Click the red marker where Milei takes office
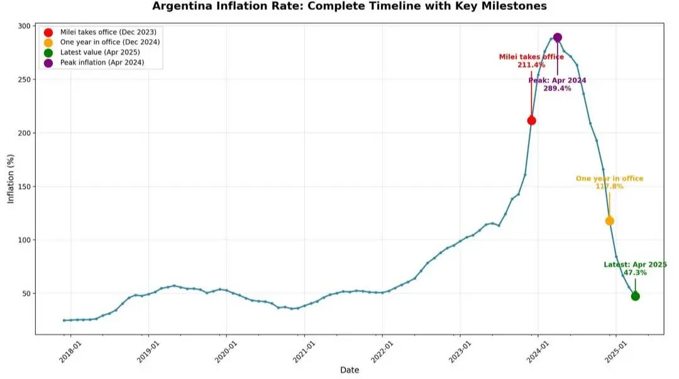click(531, 120)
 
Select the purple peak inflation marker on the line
click(557, 38)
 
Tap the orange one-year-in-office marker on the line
click(609, 221)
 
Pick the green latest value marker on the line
click(635, 296)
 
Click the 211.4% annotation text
click(531, 65)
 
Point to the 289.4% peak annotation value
click(558, 89)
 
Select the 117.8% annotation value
click(609, 187)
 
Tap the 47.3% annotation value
click(635, 273)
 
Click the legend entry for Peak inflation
click(102, 63)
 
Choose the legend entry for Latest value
click(100, 52)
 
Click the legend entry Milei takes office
click(108, 31)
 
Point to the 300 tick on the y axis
click(24, 26)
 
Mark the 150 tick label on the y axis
click(24, 187)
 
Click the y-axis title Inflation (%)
click(11, 180)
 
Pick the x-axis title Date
click(350, 370)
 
